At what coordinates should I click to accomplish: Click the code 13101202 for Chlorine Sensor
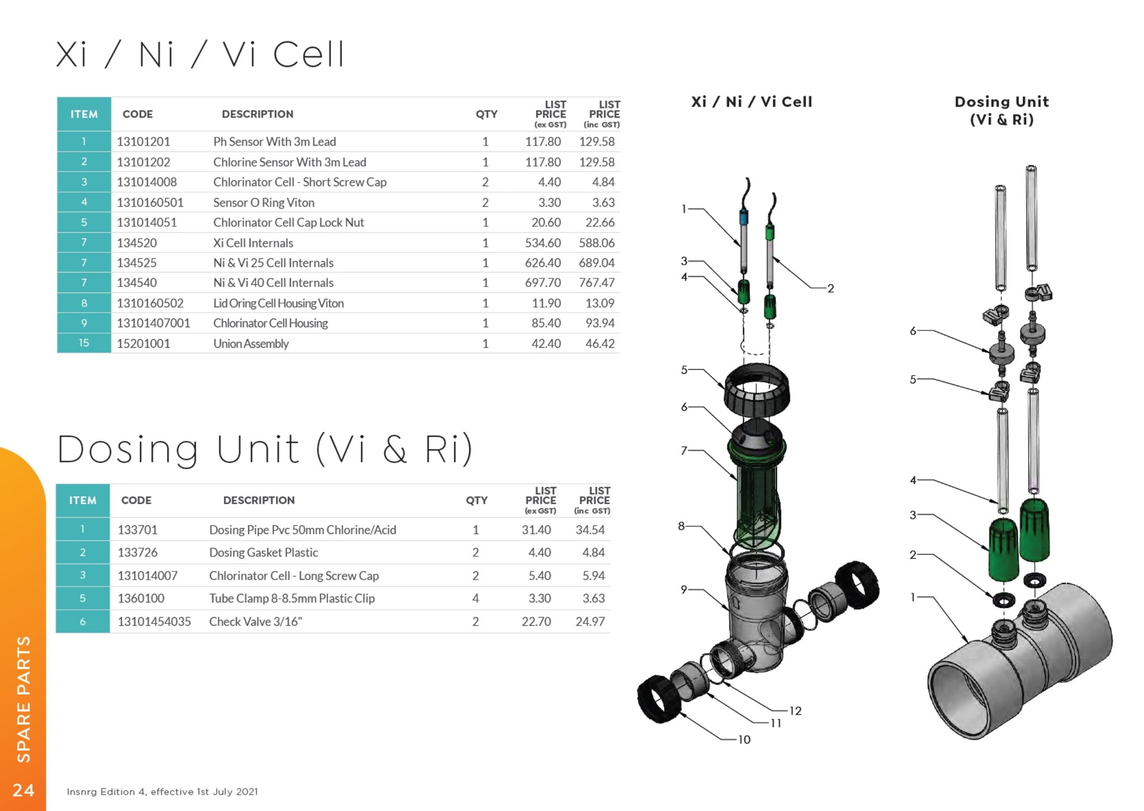pos(144,162)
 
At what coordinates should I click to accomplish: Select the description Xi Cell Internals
pos(253,243)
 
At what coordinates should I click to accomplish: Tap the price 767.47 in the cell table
pos(597,283)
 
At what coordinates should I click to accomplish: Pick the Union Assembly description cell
pos(251,344)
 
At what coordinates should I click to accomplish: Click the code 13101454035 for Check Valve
pos(154,622)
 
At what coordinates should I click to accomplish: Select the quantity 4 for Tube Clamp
pos(475,598)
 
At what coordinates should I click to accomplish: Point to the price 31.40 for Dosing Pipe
pos(536,529)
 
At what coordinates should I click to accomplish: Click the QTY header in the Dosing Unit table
pos(476,500)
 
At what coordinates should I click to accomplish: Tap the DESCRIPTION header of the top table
pos(258,114)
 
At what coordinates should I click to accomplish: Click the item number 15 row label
pos(84,343)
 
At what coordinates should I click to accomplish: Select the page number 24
pos(23,790)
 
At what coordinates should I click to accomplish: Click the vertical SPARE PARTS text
pos(23,699)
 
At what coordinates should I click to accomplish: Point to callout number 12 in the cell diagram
pos(795,711)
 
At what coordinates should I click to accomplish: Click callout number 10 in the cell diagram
pos(744,740)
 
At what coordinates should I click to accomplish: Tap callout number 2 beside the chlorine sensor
pos(831,288)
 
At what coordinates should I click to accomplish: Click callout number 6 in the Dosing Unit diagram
pos(913,331)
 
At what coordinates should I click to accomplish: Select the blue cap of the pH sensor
pos(743,217)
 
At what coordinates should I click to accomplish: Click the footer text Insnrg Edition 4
pos(162,791)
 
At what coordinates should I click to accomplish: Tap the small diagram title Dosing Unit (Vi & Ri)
pos(1002,111)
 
